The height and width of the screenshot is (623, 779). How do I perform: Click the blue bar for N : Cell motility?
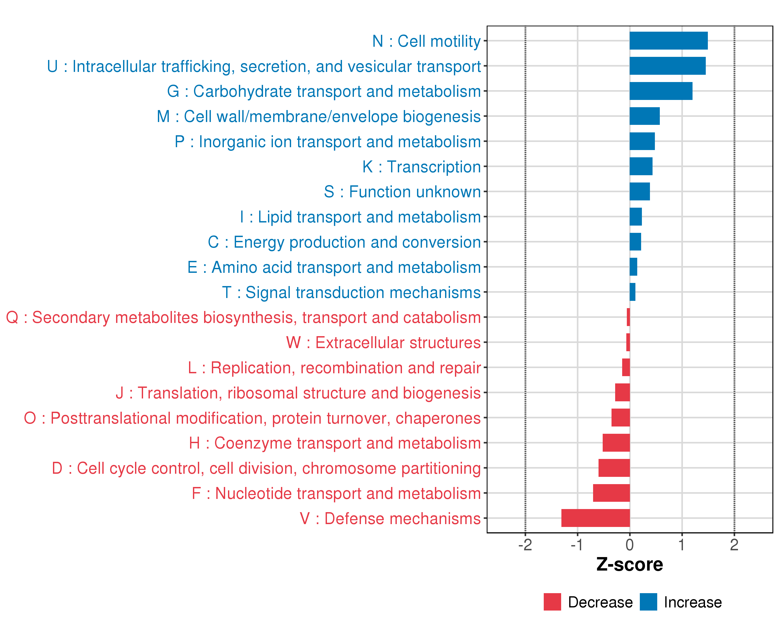click(x=668, y=40)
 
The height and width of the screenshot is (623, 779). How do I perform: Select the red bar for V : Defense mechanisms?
click(x=595, y=518)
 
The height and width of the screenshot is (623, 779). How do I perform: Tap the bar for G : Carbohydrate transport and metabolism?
click(x=661, y=91)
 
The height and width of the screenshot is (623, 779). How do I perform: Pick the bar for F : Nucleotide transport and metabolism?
click(x=611, y=493)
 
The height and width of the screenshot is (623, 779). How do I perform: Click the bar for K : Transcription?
click(x=641, y=166)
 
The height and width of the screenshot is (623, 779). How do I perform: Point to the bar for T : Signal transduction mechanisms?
click(x=632, y=292)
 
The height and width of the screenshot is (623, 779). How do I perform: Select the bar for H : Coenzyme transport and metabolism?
click(x=616, y=443)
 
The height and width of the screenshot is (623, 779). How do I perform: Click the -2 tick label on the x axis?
click(x=525, y=545)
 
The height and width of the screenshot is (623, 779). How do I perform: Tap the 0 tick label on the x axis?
click(x=630, y=545)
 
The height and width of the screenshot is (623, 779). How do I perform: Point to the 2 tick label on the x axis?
click(x=734, y=545)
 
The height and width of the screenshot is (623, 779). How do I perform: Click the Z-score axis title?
click(x=630, y=565)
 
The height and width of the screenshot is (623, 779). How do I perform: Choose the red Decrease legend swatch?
click(x=552, y=602)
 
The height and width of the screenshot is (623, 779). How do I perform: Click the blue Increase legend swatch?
click(x=648, y=602)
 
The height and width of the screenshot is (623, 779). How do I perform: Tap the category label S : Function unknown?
click(x=402, y=192)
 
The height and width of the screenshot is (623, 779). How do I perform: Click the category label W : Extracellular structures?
click(x=383, y=342)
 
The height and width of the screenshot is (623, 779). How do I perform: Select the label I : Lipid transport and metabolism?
click(x=360, y=217)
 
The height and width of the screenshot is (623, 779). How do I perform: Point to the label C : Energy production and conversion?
click(x=344, y=242)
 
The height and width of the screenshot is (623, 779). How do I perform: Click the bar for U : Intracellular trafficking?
click(x=667, y=66)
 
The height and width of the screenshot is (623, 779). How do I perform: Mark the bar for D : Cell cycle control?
click(x=614, y=468)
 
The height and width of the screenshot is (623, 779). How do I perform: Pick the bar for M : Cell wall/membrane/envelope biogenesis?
click(x=644, y=116)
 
